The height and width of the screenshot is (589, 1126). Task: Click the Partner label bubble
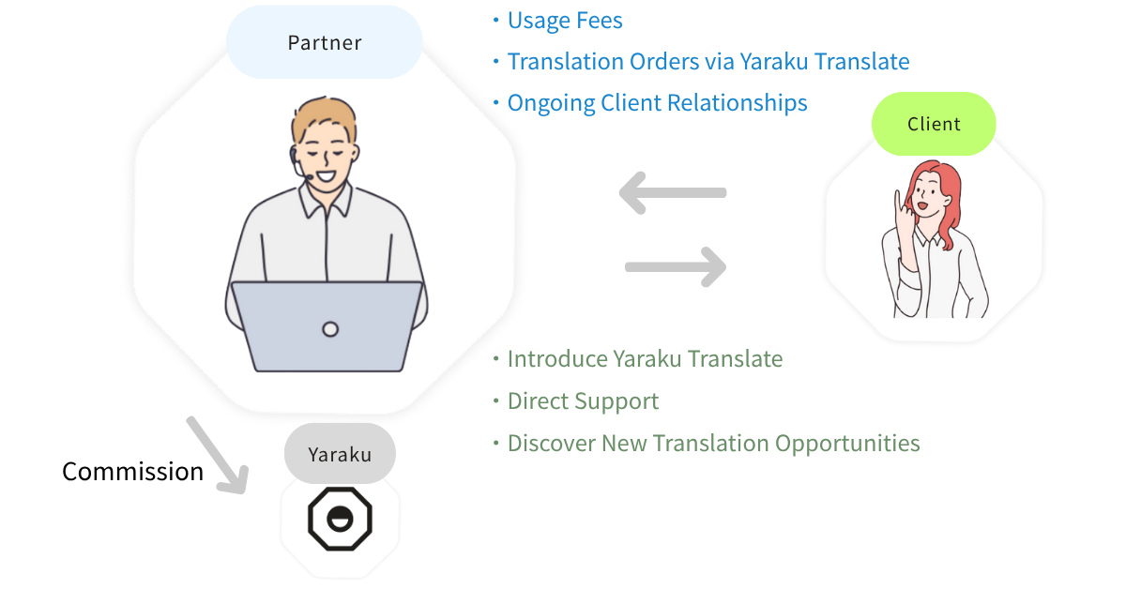pyautogui.click(x=324, y=43)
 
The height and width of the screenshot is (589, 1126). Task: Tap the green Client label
pyautogui.click(x=934, y=124)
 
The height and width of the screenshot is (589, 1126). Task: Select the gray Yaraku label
pyautogui.click(x=340, y=455)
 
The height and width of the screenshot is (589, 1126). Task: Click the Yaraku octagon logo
pyautogui.click(x=340, y=518)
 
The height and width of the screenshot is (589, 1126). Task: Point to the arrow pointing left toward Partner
pyautogui.click(x=672, y=193)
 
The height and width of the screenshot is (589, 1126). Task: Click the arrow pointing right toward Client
pyautogui.click(x=676, y=267)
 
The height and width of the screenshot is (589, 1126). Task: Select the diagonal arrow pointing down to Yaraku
pyautogui.click(x=216, y=454)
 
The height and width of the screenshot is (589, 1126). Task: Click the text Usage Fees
pyautogui.click(x=564, y=21)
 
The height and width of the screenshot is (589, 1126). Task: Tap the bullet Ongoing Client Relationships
pyautogui.click(x=657, y=102)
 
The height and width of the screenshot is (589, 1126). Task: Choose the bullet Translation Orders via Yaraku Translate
pyautogui.click(x=708, y=62)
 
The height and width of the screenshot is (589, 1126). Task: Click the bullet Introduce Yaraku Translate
pyautogui.click(x=645, y=358)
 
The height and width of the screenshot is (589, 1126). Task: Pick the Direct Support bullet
pyautogui.click(x=583, y=401)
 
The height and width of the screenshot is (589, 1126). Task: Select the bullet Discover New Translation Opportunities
pyautogui.click(x=713, y=443)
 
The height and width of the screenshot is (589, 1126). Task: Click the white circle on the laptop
pyautogui.click(x=329, y=329)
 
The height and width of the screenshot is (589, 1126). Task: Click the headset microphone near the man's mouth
pyautogui.click(x=302, y=173)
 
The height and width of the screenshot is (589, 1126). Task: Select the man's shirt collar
pyautogui.click(x=325, y=199)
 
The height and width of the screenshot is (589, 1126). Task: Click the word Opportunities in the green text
pyautogui.click(x=847, y=443)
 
